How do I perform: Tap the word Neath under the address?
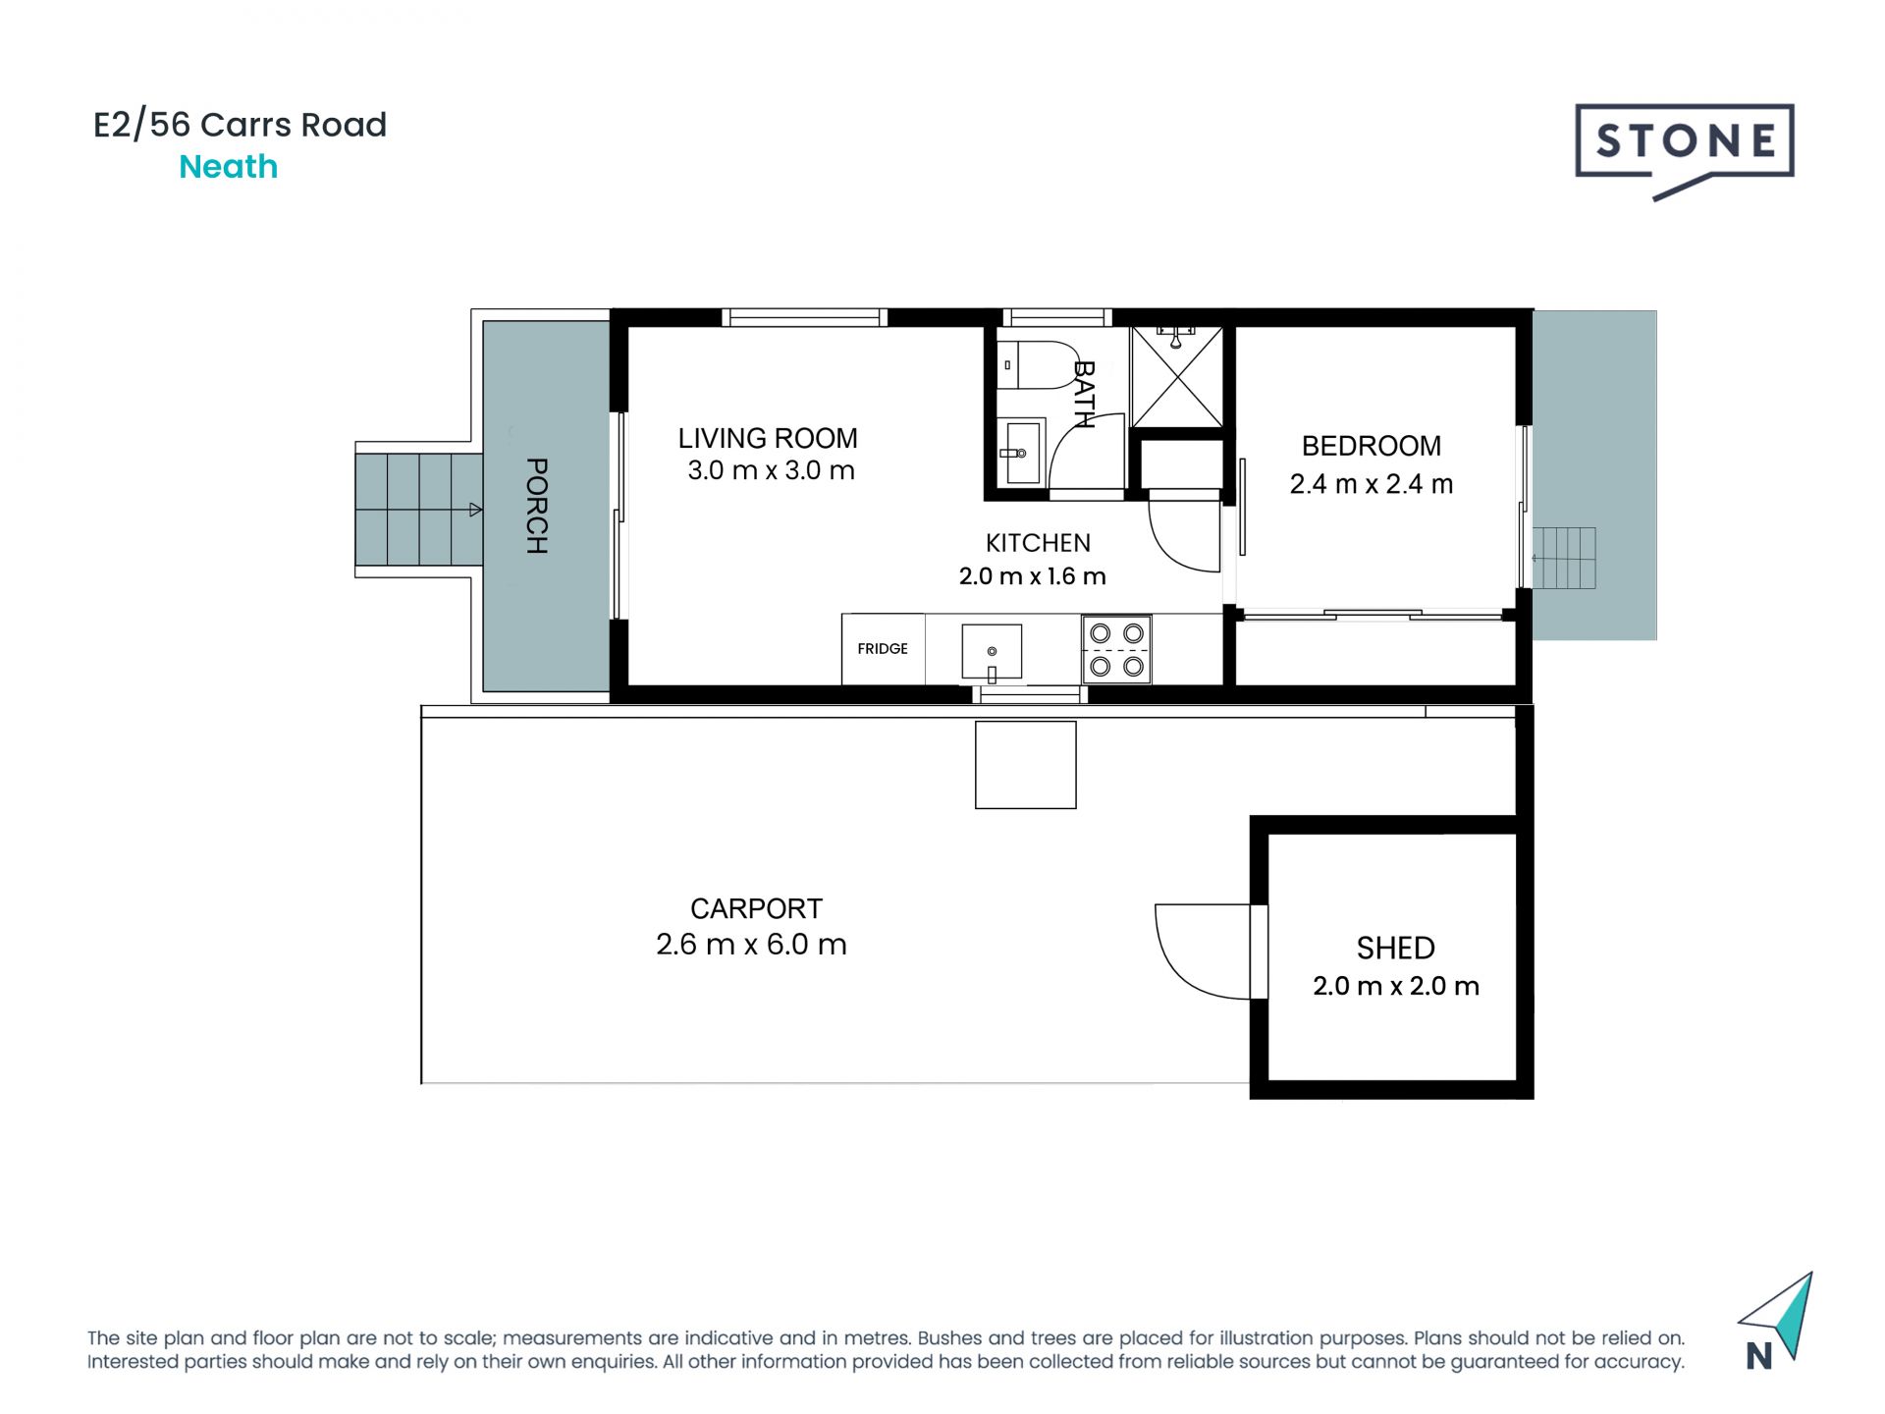tap(228, 167)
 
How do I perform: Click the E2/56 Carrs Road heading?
tap(240, 125)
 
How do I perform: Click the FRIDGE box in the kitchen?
tap(883, 648)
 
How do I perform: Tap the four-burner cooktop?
tap(1116, 649)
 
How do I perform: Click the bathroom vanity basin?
tap(1021, 453)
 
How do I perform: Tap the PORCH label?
tap(537, 506)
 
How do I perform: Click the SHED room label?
tap(1395, 948)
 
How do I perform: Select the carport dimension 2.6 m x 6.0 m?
tap(751, 945)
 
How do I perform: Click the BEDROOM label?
tap(1371, 446)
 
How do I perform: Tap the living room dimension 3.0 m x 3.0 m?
tap(771, 470)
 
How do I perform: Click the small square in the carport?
tap(1025, 765)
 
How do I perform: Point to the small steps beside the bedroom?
tap(1563, 558)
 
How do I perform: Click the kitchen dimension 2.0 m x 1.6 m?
tap(1032, 576)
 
